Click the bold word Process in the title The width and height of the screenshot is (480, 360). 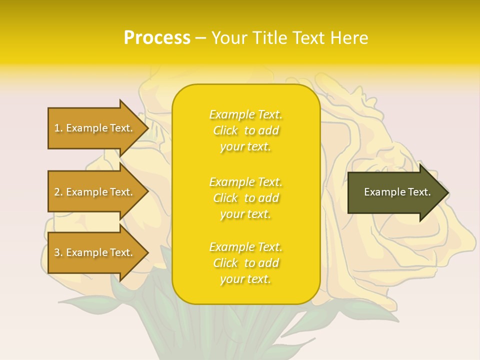pos(157,38)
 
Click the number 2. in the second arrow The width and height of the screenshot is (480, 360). pos(58,192)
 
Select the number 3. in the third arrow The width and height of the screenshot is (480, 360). pos(58,252)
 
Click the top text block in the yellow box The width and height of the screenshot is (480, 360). pos(245,130)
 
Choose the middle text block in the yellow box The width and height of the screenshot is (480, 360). pos(245,198)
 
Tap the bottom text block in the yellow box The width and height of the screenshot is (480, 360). pos(245,263)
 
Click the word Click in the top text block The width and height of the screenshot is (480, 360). pos(225,130)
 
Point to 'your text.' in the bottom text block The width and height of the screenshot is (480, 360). pos(245,279)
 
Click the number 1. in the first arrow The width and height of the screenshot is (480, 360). pos(58,128)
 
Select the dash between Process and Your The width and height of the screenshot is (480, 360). pos(201,38)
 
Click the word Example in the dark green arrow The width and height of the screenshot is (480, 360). pos(382,192)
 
